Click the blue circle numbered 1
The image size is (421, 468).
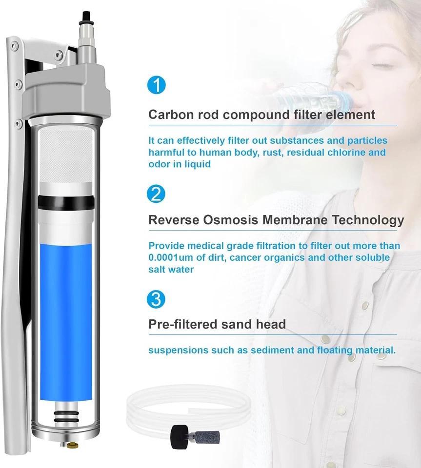pos(156,85)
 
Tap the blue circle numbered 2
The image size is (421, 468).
pos(156,194)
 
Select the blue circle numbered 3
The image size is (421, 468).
pos(156,299)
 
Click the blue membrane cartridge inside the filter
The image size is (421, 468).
pos(64,322)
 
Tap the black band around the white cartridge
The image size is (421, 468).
pos(64,200)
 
